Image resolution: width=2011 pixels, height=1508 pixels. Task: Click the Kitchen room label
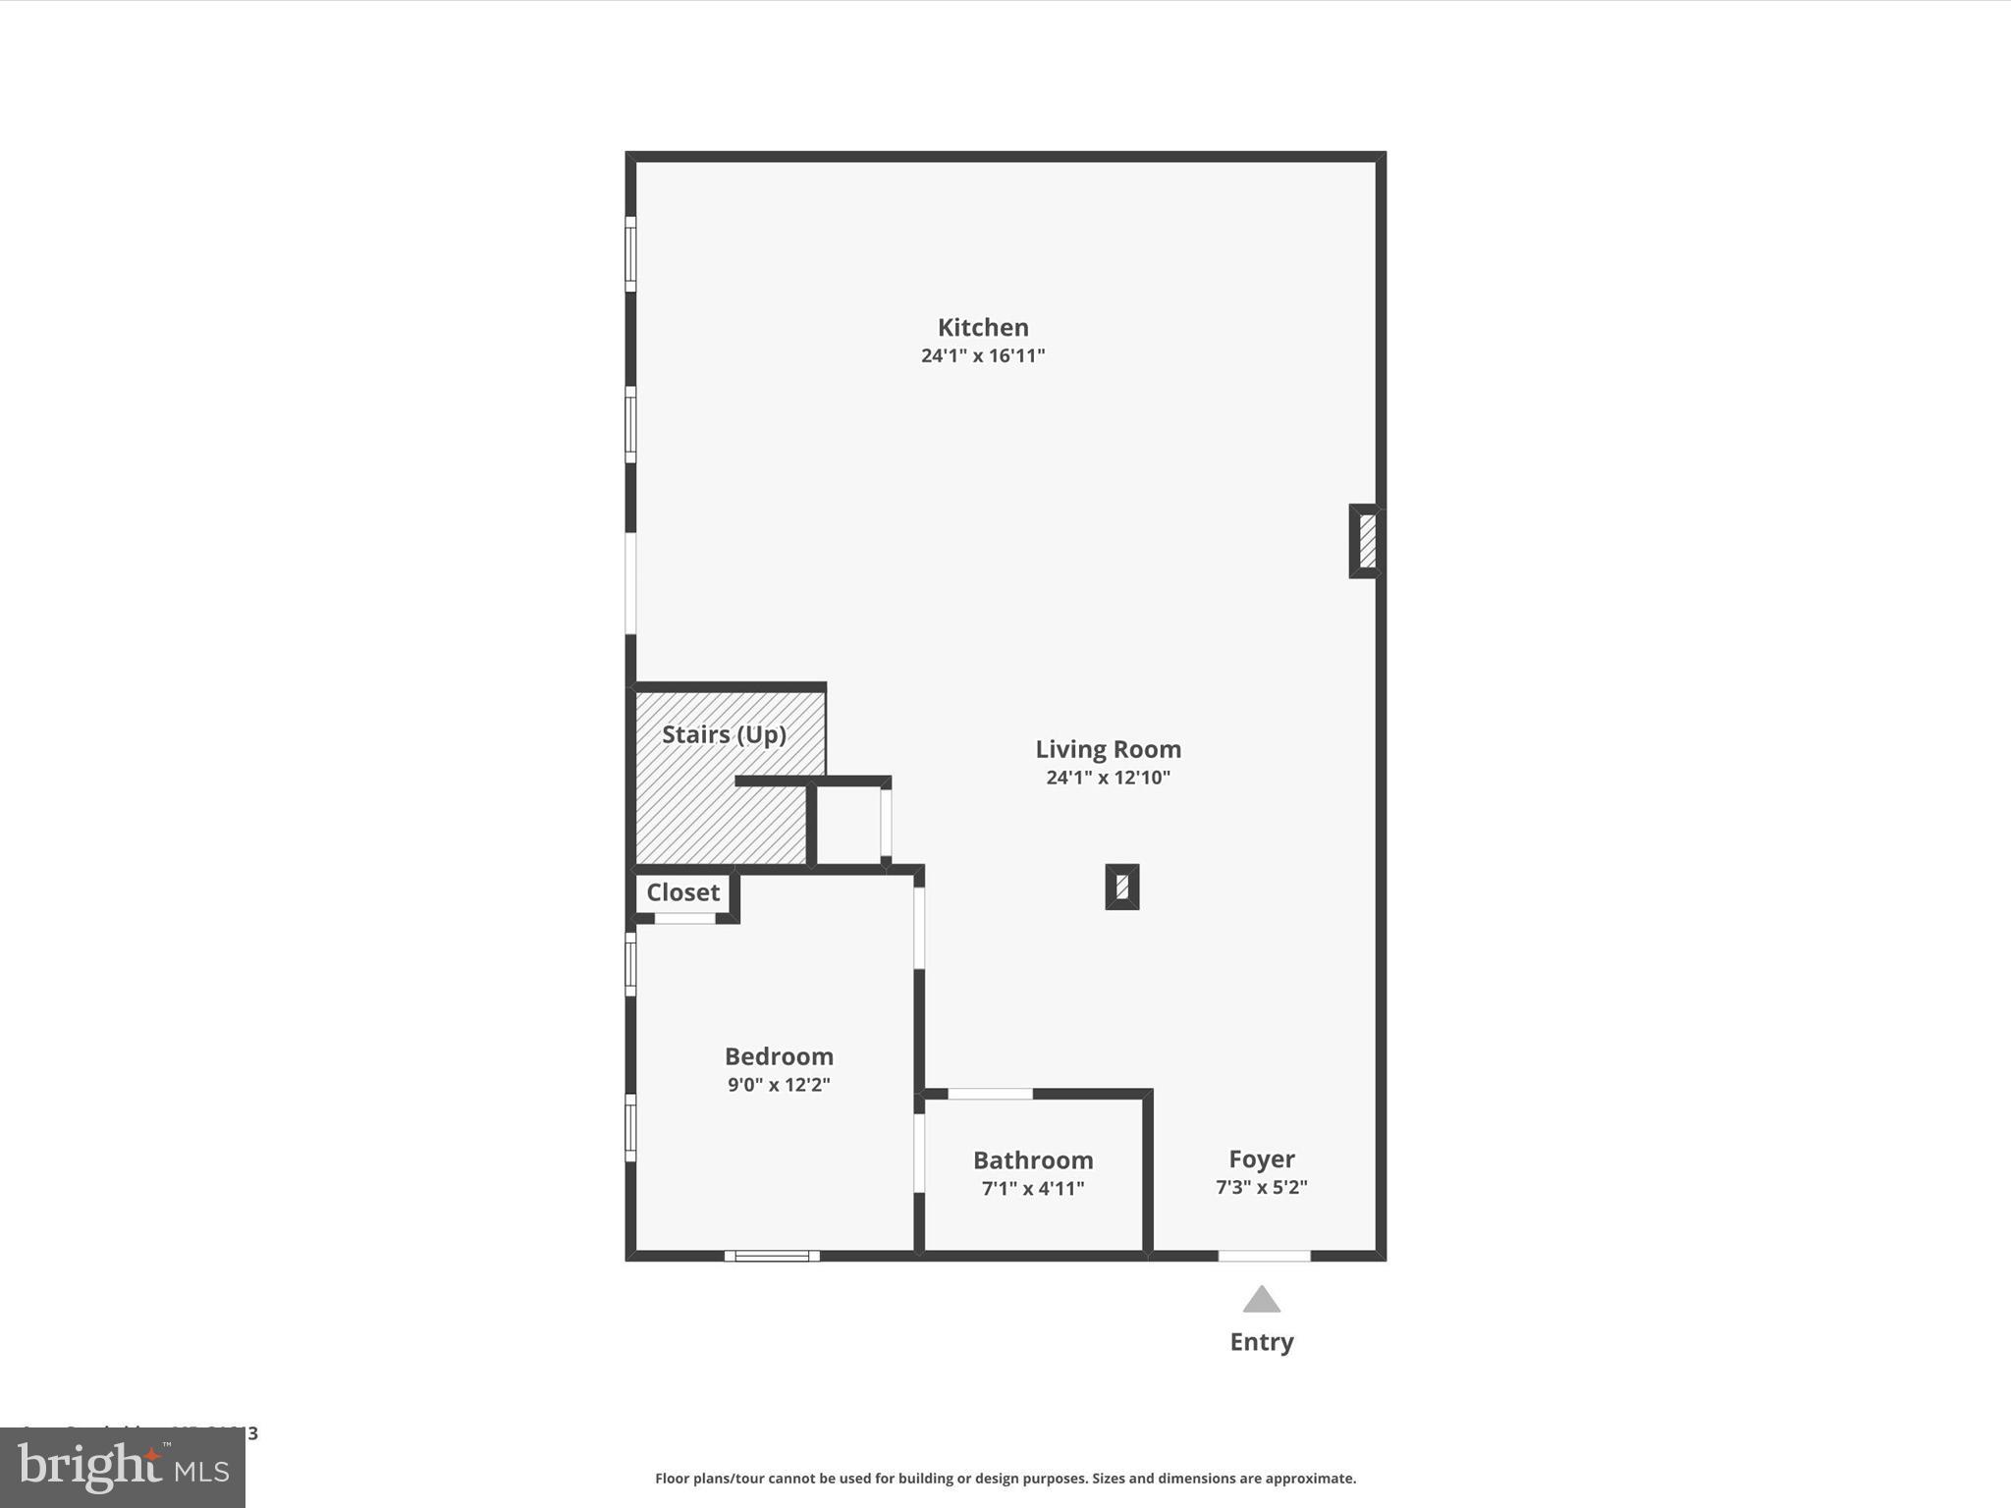coord(983,327)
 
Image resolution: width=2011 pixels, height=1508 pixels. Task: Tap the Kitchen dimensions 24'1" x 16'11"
coord(983,355)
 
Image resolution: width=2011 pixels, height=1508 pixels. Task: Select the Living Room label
coord(1108,749)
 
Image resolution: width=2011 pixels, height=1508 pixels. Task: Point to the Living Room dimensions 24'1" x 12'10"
coord(1108,778)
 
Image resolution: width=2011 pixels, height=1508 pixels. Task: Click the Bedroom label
coord(779,1056)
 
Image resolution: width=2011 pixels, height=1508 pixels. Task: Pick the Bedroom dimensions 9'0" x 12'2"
coord(779,1085)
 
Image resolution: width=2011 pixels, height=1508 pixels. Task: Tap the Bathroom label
coord(1033,1160)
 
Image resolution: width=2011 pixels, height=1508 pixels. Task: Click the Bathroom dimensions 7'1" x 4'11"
coord(1033,1189)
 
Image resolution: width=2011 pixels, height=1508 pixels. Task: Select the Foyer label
coord(1262,1158)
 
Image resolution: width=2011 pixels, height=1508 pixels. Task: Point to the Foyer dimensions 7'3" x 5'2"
coord(1262,1187)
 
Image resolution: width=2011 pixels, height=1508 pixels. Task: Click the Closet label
coord(682,892)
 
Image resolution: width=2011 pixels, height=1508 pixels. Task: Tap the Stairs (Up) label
coord(724,734)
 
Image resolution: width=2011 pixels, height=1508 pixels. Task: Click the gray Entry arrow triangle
coord(1262,1300)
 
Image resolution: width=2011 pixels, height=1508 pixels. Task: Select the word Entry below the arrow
coord(1262,1342)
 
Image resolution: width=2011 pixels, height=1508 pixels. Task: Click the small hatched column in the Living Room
coord(1122,887)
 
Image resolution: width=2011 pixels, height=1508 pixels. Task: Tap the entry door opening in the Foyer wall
coord(1264,1256)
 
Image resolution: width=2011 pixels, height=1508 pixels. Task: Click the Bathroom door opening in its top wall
coord(990,1094)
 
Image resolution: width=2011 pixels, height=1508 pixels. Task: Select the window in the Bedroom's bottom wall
coord(772,1256)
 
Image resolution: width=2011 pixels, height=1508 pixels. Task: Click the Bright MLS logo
coord(123,1468)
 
